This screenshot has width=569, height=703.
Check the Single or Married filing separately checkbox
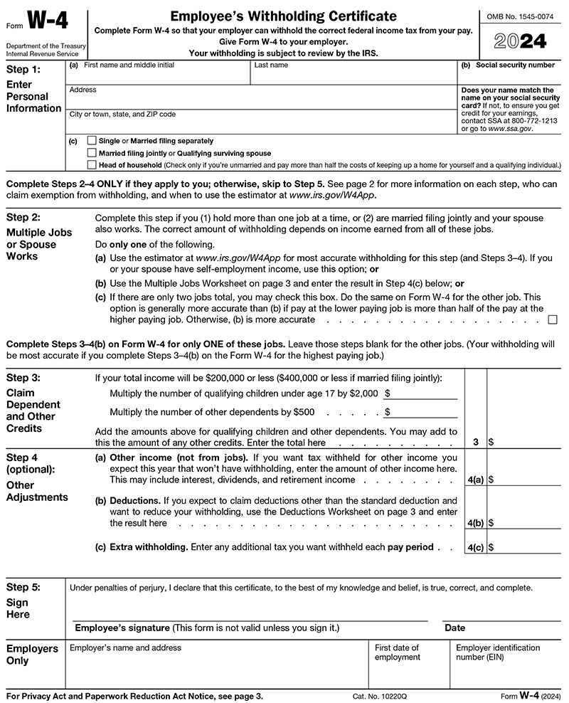[92, 141]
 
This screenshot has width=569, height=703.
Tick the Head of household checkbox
[92, 164]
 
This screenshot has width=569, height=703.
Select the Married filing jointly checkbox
[92, 153]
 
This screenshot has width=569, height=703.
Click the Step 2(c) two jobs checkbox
[553, 319]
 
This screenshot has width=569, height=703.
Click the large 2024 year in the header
[520, 43]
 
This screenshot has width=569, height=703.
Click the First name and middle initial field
[157, 75]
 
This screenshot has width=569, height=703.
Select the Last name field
[353, 75]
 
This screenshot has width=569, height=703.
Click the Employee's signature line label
[207, 628]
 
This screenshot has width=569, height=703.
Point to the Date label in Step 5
[454, 628]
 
